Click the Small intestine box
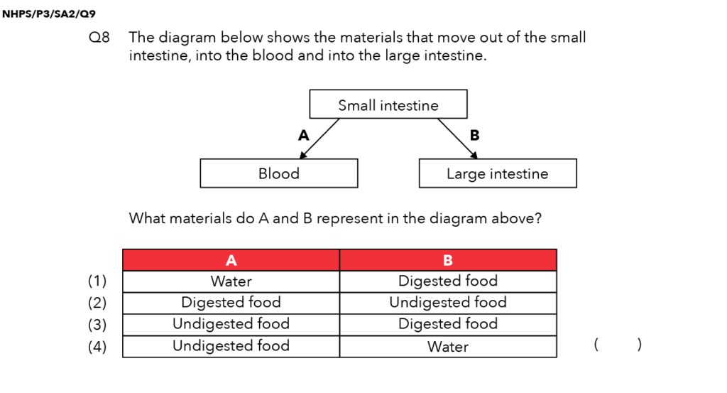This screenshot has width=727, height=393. click(x=388, y=104)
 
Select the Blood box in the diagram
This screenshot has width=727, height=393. click(x=279, y=173)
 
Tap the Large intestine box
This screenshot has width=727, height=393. click(x=498, y=173)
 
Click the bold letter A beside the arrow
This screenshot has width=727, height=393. click(x=304, y=135)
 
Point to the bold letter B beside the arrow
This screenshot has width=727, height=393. click(x=474, y=135)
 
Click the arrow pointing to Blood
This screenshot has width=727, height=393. click(x=319, y=139)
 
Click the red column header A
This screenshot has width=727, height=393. click(x=231, y=260)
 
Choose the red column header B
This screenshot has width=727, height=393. click(x=448, y=260)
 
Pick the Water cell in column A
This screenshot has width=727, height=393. click(x=231, y=281)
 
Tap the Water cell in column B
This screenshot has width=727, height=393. click(x=448, y=347)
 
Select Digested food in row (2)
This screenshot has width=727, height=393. click(x=231, y=303)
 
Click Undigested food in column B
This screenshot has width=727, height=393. click(x=448, y=303)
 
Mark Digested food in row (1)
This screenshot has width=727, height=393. click(x=448, y=281)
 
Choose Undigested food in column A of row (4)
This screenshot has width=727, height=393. click(x=231, y=345)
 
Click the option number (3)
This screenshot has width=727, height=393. click(x=97, y=324)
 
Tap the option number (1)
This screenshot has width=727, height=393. click(x=97, y=281)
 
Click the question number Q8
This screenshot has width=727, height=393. click(x=99, y=37)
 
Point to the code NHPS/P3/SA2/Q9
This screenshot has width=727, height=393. click(x=49, y=14)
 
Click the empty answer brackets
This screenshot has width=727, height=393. click(x=618, y=344)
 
